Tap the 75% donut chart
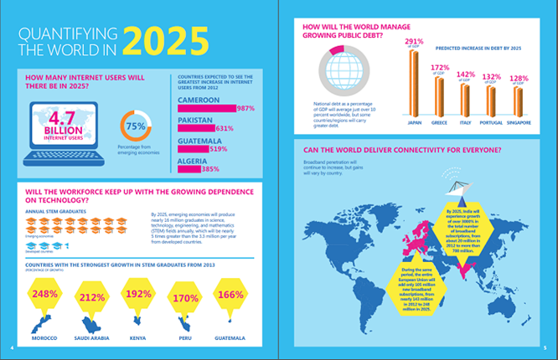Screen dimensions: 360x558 point(135,126)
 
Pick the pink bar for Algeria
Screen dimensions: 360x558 point(189,169)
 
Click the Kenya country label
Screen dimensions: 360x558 point(139,339)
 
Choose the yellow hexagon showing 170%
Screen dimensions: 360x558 point(185,296)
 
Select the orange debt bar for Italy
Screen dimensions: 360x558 point(465,100)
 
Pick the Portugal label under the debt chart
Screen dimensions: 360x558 point(491,122)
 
